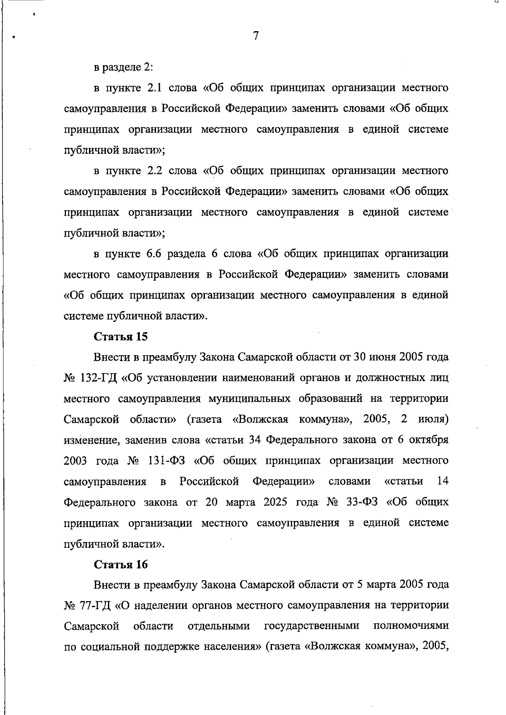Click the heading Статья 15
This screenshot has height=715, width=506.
click(121, 337)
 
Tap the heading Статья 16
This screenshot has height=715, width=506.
click(121, 565)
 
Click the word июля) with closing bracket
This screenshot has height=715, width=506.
click(433, 419)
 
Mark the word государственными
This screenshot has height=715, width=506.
click(312, 627)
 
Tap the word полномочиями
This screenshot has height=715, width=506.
click(410, 627)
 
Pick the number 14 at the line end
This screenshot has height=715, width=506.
click(442, 481)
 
